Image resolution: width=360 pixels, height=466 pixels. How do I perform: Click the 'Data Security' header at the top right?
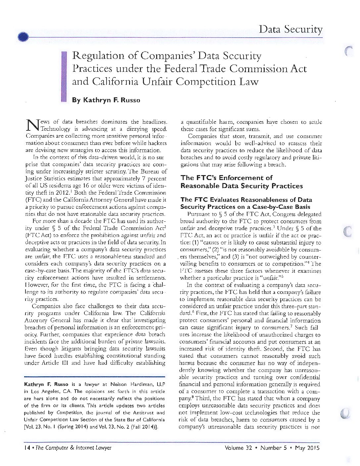pyautogui.click(x=290, y=29)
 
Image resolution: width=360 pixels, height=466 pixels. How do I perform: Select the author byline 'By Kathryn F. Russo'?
pyautogui.click(x=106, y=100)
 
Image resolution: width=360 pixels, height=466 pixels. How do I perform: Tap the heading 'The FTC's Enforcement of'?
pyautogui.click(x=226, y=178)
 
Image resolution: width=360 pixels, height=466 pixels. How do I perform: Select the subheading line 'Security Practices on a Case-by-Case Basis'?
pyautogui.click(x=245, y=207)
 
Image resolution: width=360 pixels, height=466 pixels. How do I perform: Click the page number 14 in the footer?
pyautogui.click(x=27, y=448)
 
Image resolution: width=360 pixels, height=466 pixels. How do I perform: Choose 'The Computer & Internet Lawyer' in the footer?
pyautogui.click(x=73, y=448)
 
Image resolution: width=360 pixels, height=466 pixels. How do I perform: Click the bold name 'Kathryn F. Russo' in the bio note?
pyautogui.click(x=46, y=384)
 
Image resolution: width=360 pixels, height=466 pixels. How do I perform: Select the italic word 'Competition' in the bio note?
pyautogui.click(x=69, y=413)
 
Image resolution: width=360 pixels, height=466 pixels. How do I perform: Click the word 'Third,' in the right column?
pyautogui.click(x=203, y=398)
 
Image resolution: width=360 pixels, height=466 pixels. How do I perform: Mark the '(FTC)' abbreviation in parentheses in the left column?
pyautogui.click(x=33, y=200)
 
